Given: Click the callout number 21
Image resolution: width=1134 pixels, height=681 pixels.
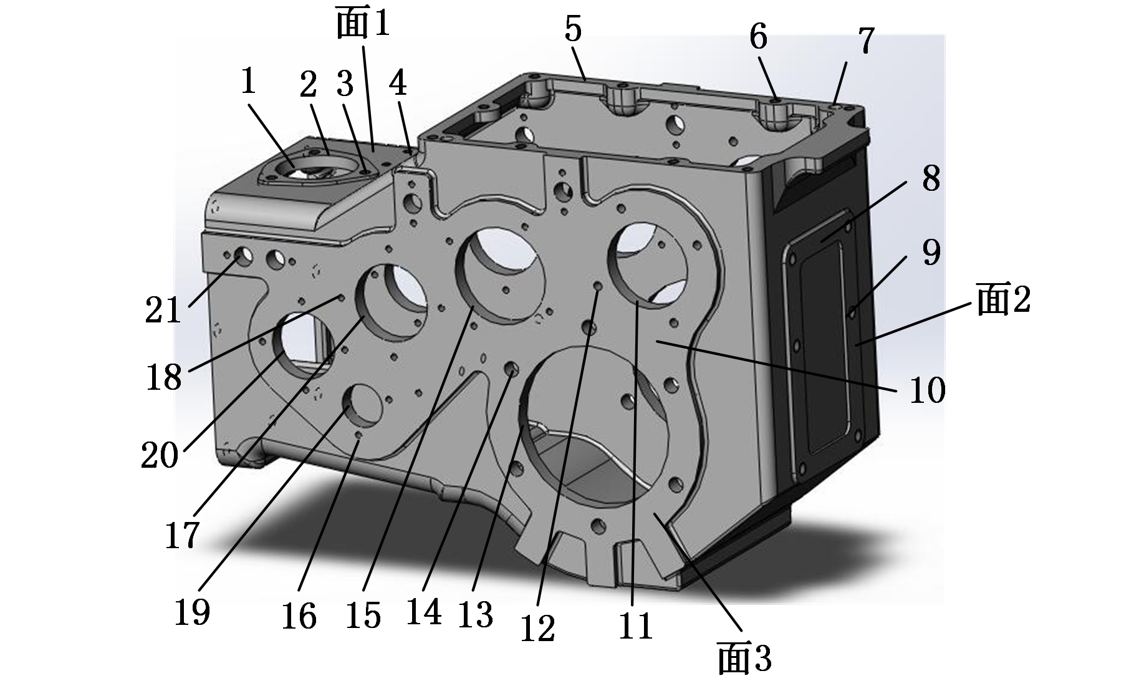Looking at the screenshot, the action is pyautogui.click(x=163, y=310).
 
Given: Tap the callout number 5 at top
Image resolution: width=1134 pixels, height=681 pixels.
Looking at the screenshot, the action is pyautogui.click(x=573, y=29).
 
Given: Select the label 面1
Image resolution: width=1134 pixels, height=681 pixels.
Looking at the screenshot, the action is pyautogui.click(x=362, y=24).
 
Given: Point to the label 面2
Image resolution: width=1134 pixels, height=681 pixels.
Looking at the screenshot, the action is pyautogui.click(x=1004, y=299).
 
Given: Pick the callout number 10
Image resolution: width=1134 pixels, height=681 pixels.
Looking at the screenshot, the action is pyautogui.click(x=928, y=391).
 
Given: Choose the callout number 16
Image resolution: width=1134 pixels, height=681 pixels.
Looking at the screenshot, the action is pyautogui.click(x=299, y=617).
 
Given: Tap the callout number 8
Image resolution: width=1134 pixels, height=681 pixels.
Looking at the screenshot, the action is pyautogui.click(x=931, y=179).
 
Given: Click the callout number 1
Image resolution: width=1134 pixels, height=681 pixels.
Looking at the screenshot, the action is pyautogui.click(x=248, y=81).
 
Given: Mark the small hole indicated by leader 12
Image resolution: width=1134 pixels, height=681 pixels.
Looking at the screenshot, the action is pyautogui.click(x=598, y=286).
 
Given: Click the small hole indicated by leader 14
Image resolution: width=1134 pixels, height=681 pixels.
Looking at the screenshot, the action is pyautogui.click(x=512, y=369).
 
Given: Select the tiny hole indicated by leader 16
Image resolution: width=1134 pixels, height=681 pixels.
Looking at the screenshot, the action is pyautogui.click(x=358, y=435).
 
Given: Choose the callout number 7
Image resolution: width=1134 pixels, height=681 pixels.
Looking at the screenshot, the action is pyautogui.click(x=865, y=41).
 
